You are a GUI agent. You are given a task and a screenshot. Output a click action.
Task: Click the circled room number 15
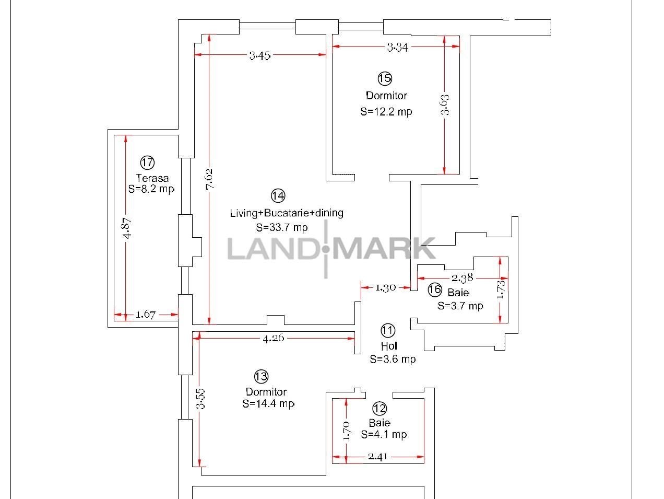(x=385, y=79)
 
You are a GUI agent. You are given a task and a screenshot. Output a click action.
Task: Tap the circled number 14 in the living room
(x=278, y=195)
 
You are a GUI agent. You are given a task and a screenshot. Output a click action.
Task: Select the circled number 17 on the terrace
(x=147, y=163)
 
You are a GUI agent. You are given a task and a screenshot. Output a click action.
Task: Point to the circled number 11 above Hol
(x=388, y=330)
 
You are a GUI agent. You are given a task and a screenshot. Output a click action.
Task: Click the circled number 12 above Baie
(x=380, y=409)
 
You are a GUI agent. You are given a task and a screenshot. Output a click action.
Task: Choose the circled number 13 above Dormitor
(x=261, y=377)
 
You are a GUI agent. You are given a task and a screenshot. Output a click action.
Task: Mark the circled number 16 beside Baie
(x=435, y=290)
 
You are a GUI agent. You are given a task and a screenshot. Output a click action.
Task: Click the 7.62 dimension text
(x=209, y=179)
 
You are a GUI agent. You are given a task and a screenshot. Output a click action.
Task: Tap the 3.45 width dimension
(x=260, y=56)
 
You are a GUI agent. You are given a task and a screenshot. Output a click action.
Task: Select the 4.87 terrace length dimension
(x=128, y=228)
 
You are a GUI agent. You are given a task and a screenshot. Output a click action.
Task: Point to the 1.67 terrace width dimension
(x=146, y=315)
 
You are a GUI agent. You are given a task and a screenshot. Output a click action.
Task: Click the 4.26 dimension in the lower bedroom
(x=274, y=338)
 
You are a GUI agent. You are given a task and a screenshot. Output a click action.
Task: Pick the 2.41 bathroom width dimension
(x=377, y=457)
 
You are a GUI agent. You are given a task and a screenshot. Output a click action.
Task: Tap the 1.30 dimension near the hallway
(x=385, y=288)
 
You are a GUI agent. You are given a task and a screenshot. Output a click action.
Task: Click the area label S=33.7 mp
(x=282, y=227)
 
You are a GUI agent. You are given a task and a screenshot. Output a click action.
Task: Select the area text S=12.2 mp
(x=386, y=112)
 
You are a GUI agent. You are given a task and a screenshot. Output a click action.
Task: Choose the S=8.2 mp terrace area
(x=151, y=189)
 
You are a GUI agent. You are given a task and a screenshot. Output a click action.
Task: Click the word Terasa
(x=152, y=178)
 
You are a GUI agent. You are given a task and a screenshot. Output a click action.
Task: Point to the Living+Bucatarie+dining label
(x=287, y=213)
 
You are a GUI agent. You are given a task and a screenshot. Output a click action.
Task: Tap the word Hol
(x=389, y=346)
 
